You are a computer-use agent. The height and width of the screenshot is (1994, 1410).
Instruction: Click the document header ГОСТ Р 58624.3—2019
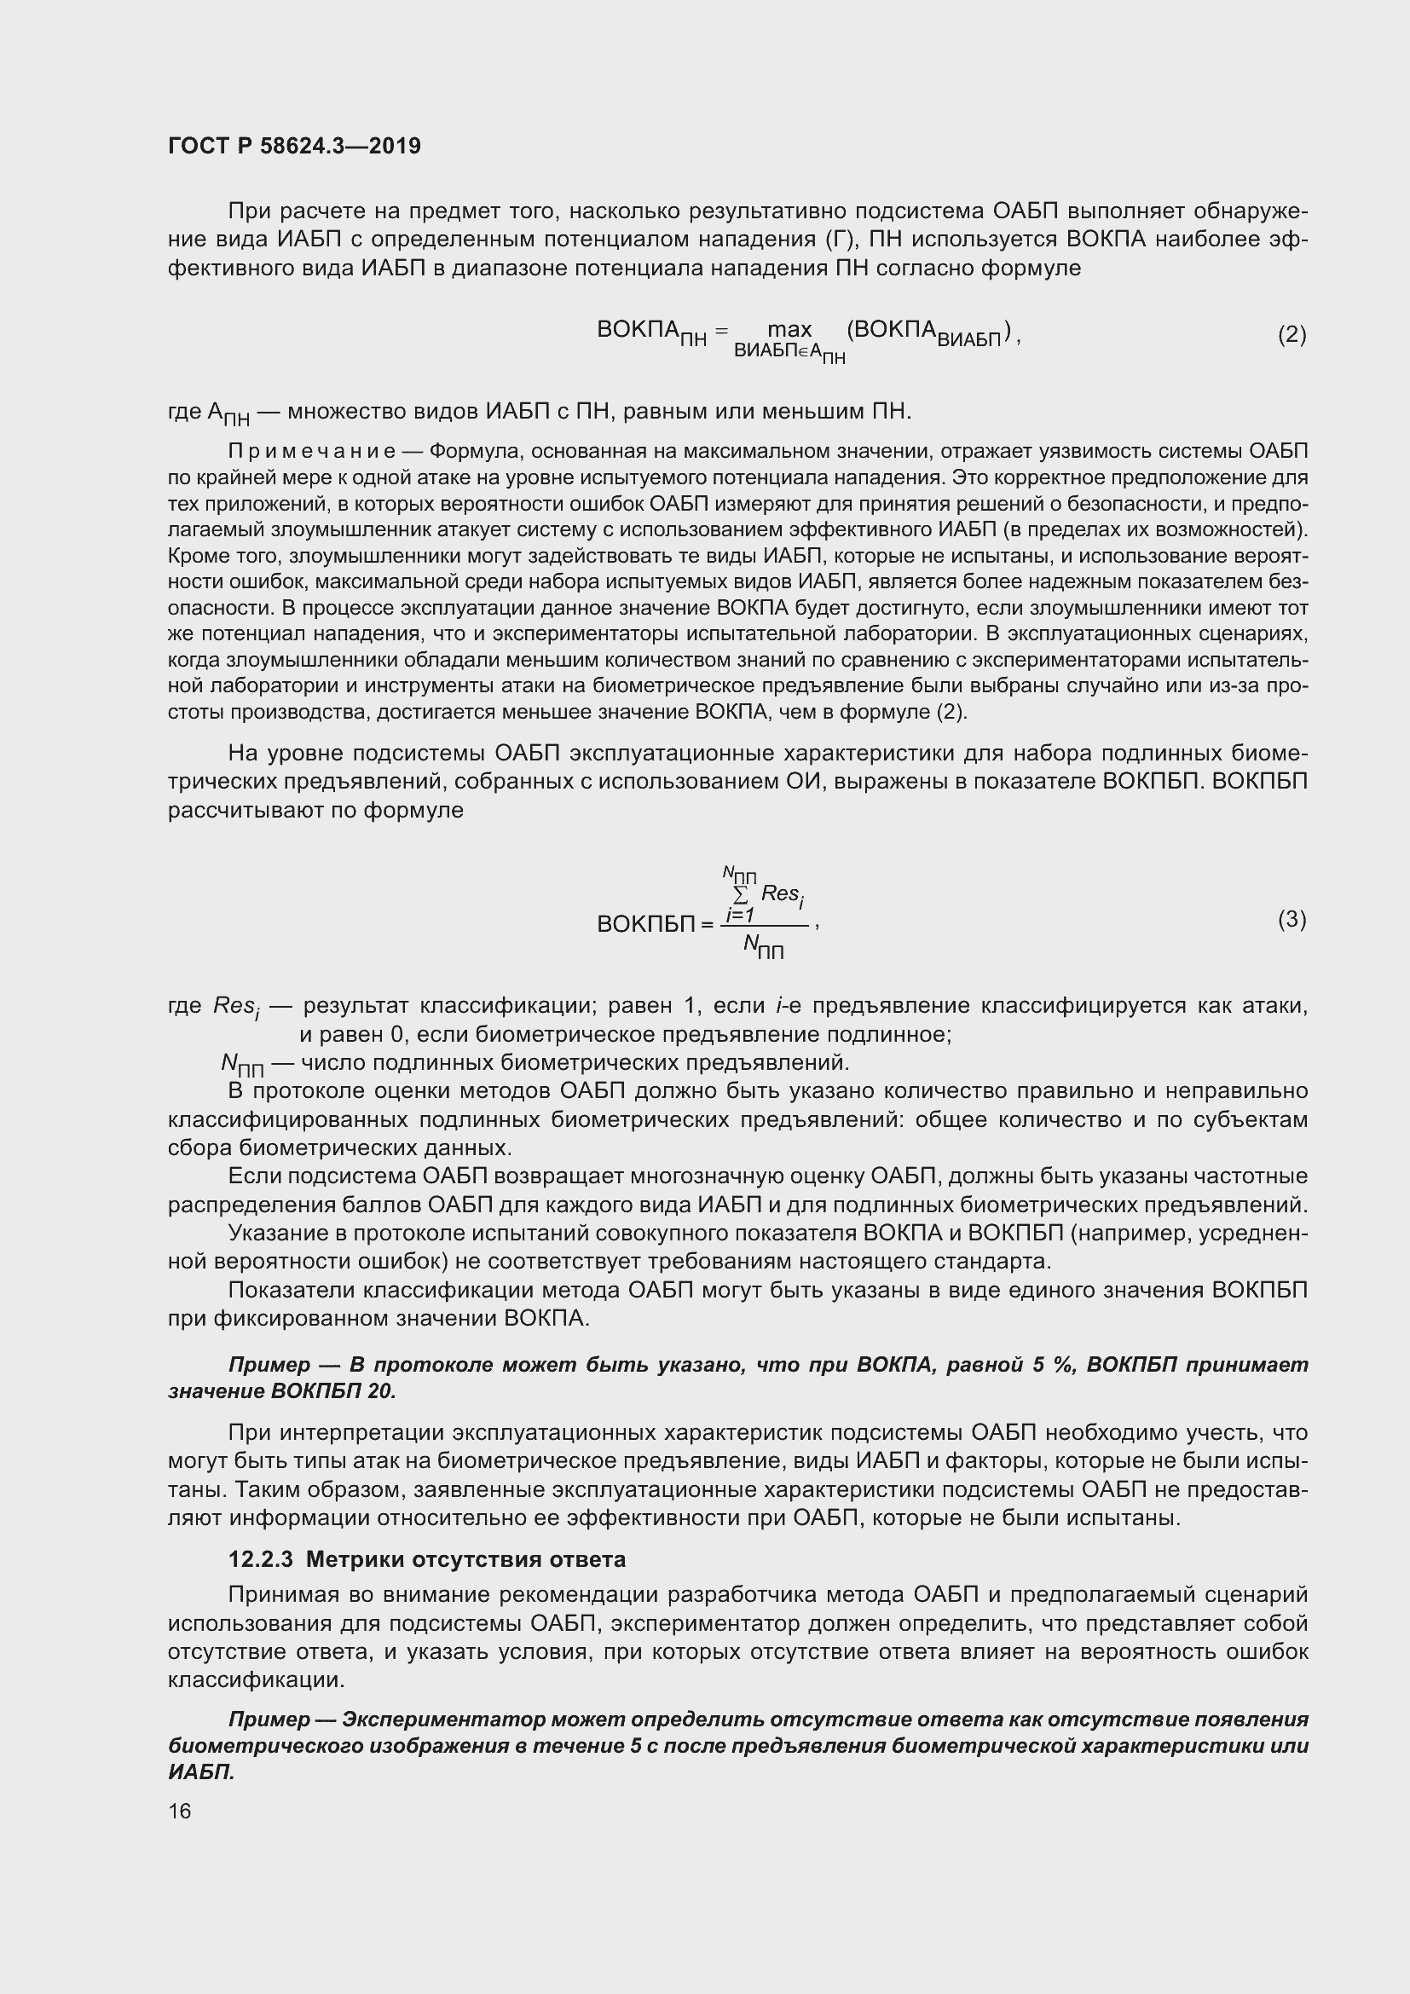tap(294, 146)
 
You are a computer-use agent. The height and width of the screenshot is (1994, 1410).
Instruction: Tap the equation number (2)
tap(1291, 334)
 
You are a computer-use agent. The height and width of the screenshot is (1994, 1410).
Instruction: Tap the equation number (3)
tap(1291, 919)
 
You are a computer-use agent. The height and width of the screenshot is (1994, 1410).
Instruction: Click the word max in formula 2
tap(789, 329)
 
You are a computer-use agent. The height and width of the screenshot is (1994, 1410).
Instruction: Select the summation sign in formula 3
tap(741, 894)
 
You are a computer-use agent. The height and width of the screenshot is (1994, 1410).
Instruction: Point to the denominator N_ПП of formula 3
tap(763, 946)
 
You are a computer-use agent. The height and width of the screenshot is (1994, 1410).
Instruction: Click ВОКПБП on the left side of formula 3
tap(646, 924)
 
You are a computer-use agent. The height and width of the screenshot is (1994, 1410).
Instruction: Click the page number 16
tap(180, 1811)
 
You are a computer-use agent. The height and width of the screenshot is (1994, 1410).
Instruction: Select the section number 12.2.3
tap(261, 1560)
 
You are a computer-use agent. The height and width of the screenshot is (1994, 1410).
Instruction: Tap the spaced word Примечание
tap(312, 452)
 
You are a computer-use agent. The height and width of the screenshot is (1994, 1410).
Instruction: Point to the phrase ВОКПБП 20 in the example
tap(332, 1391)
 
